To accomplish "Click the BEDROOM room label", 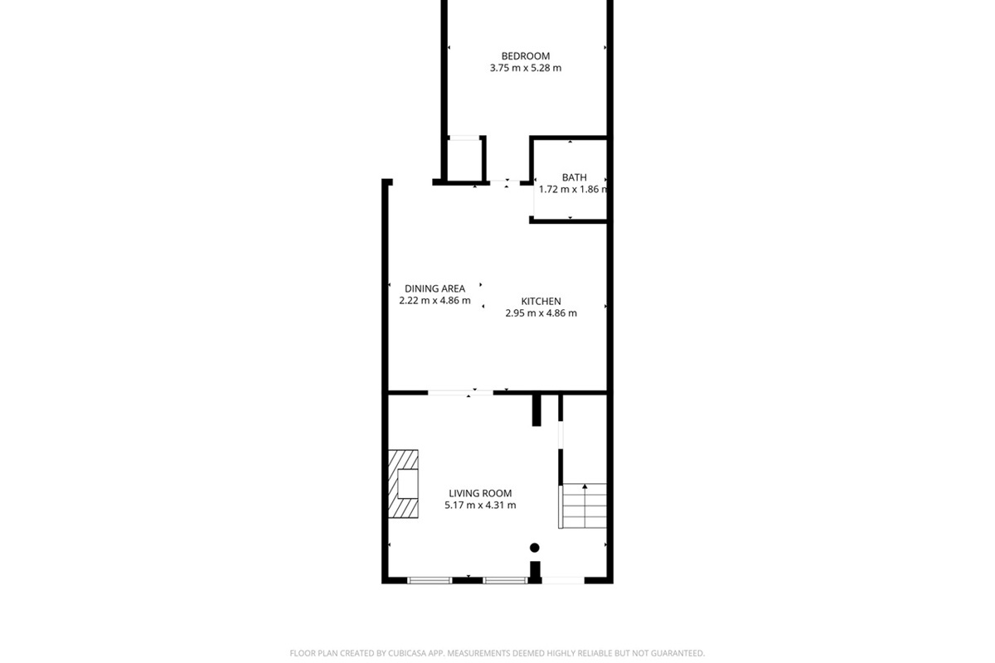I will (x=525, y=56).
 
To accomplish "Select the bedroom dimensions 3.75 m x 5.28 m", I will (x=525, y=68).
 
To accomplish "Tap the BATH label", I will (x=574, y=177).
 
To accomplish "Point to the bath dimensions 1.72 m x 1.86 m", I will (x=573, y=189).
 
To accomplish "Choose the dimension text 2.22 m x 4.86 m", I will (x=434, y=301).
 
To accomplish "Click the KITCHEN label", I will (x=541, y=302).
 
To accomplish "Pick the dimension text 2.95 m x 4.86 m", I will (x=541, y=313).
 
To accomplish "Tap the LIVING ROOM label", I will (x=480, y=493).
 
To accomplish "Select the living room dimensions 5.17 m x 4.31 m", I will (x=480, y=505).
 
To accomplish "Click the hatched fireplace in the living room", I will (x=403, y=483).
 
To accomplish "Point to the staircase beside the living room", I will (x=585, y=506).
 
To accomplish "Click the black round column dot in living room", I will (x=535, y=548).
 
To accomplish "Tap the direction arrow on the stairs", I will (x=585, y=488).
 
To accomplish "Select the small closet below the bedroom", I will (x=464, y=159).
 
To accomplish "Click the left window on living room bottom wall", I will (x=430, y=580).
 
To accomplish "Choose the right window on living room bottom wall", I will (x=505, y=580).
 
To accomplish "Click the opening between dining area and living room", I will (x=461, y=392).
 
